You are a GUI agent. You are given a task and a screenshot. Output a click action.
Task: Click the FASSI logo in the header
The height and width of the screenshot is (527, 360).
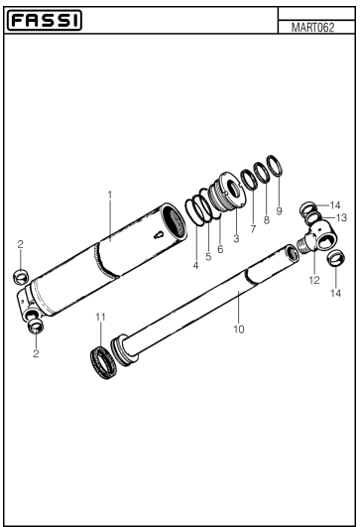(46, 20)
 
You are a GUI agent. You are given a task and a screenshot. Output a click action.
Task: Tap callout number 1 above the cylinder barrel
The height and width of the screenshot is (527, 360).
(110, 195)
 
